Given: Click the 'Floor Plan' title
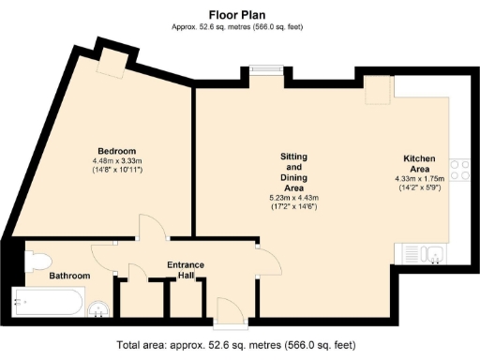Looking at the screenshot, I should coord(239,14).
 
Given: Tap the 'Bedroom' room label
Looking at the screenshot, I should coord(118,151).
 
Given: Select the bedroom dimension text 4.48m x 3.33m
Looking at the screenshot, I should coord(118,161).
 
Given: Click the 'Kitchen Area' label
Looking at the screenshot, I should coord(417,163).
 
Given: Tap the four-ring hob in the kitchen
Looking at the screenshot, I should coord(459,170).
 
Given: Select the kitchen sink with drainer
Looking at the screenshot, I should coord(427,253).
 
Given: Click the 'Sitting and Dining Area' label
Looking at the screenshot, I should coord(294,172).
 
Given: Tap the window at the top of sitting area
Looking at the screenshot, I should coord(266,67).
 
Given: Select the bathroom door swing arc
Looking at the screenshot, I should coord(105,253).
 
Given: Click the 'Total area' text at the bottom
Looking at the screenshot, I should coord(239,344).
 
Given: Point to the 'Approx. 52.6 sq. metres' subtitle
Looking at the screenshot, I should coord(239,27).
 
